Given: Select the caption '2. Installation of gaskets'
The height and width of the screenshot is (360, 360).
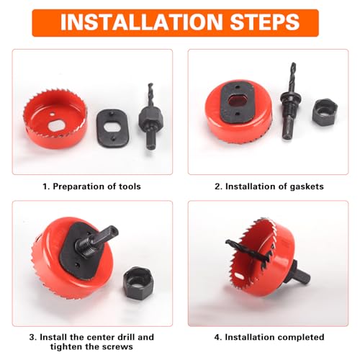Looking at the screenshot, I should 269,186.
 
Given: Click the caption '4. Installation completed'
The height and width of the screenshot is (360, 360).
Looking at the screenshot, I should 269,337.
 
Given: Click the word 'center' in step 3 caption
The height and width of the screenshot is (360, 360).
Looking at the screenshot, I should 89,337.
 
